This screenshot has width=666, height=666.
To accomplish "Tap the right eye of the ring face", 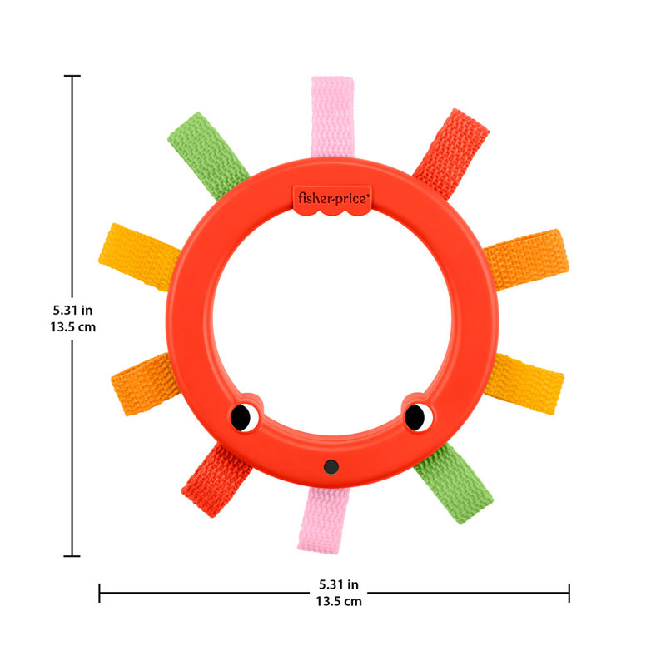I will coord(415,415).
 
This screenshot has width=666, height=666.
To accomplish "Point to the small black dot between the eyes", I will coord(331,466).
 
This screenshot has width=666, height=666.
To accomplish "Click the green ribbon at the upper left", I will coord(207,153).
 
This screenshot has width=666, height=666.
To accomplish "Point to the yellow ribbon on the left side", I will coord(137,254).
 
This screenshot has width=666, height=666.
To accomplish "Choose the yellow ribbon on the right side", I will coord(528,382).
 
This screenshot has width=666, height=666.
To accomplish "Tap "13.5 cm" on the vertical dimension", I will coord(72,327).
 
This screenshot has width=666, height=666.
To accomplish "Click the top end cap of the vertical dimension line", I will coord(72,76).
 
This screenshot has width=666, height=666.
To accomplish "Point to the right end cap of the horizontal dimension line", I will coord(569,593).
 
